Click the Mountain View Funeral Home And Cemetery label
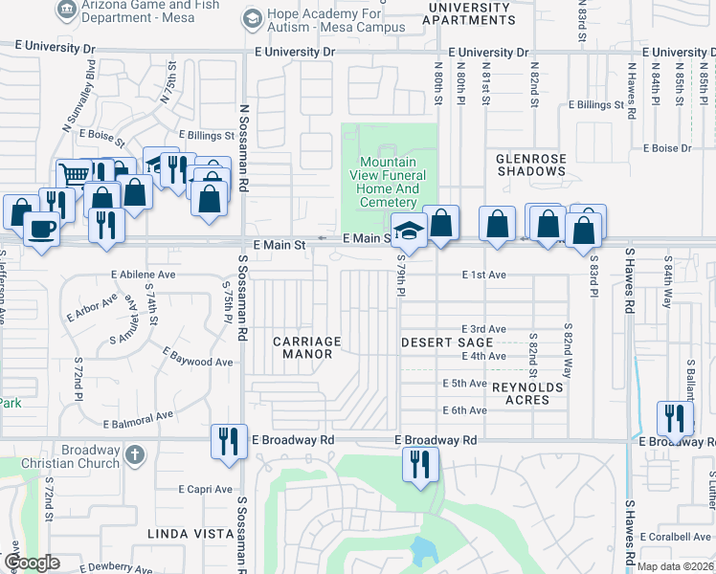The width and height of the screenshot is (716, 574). pyautogui.click(x=389, y=182)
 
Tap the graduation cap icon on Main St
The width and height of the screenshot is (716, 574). pyautogui.click(x=409, y=232)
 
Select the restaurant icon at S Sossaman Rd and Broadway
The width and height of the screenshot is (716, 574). pyautogui.click(x=229, y=441)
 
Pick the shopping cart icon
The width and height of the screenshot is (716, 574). pyautogui.click(x=73, y=174)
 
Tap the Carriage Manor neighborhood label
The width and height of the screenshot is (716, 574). pyautogui.click(x=307, y=347)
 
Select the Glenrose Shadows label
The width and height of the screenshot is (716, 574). pyautogui.click(x=531, y=165)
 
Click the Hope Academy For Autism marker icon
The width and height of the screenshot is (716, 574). pyautogui.click(x=252, y=18)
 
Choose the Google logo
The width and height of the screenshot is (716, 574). pyautogui.click(x=32, y=562)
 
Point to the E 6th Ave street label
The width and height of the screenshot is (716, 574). pyautogui.click(x=465, y=410)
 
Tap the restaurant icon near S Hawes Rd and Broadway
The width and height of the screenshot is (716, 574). pyautogui.click(x=675, y=418)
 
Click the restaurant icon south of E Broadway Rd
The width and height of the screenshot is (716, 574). pyautogui.click(x=420, y=465)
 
